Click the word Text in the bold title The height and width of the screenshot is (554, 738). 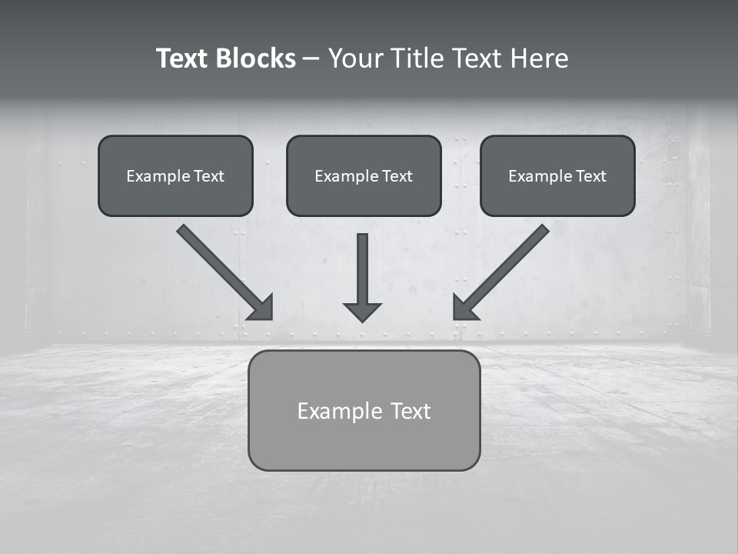pos(183,58)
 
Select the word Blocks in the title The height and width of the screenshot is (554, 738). pos(254,58)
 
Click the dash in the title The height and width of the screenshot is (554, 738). pos(311,58)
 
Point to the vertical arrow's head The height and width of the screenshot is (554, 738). pos(362,312)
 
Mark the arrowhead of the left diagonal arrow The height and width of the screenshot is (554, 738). pos(262,308)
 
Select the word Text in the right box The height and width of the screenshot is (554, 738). pos(591,176)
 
